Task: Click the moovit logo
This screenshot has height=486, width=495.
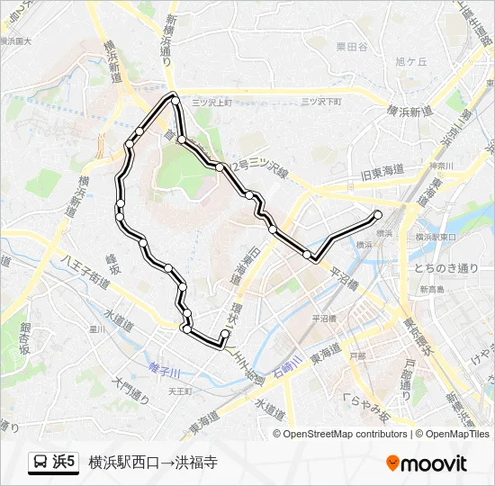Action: click(x=427, y=463)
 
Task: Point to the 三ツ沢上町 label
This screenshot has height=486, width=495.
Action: click(x=211, y=103)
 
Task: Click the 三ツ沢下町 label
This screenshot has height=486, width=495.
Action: click(x=321, y=102)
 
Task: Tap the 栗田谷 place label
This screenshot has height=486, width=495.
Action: click(x=352, y=47)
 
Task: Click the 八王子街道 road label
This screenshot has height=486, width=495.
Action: click(x=86, y=271)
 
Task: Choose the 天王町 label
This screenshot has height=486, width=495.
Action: click(x=181, y=392)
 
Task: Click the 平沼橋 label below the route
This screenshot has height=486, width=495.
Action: click(x=324, y=319)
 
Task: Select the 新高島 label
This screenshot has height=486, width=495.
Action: click(x=431, y=289)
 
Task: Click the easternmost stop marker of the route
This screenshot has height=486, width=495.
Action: click(x=377, y=214)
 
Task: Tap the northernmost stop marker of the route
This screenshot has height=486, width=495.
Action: click(x=174, y=98)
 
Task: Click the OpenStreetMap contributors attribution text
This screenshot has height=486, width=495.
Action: click(x=346, y=434)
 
